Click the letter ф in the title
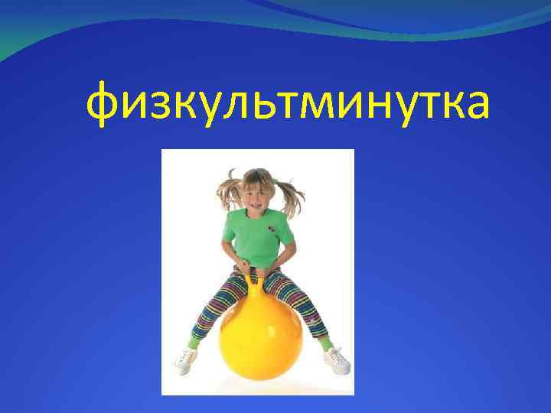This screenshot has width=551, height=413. [105, 106]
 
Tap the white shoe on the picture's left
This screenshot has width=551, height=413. [185, 360]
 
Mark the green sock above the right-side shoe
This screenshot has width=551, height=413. [325, 343]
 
